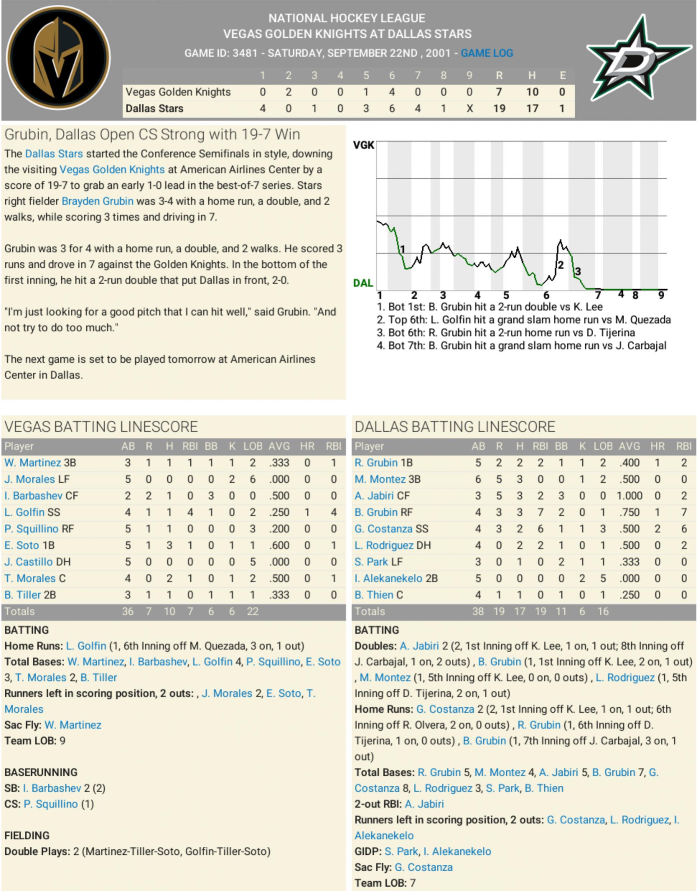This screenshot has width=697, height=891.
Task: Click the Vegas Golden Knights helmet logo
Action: click(x=59, y=58)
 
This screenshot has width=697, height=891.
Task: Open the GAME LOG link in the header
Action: click(x=487, y=53)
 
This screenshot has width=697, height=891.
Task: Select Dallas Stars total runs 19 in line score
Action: click(x=499, y=109)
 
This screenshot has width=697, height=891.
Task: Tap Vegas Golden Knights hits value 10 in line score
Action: click(x=532, y=92)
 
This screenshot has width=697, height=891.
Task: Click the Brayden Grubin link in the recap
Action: click(x=98, y=201)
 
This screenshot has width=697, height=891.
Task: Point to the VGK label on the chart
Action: click(x=363, y=145)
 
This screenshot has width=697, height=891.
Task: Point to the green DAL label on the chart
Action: click(x=363, y=283)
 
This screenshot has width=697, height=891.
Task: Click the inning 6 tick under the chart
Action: click(x=546, y=295)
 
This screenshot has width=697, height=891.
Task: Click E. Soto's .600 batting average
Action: click(x=279, y=545)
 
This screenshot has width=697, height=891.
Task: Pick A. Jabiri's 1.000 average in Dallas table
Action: click(x=629, y=496)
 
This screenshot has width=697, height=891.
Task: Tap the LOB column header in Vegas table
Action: click(x=252, y=446)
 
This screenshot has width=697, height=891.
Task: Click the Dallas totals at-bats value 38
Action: click(x=478, y=611)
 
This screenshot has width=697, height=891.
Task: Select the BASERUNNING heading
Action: click(x=41, y=772)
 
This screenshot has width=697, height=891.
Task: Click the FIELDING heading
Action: click(x=27, y=835)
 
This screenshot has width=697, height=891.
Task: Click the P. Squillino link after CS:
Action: click(x=51, y=804)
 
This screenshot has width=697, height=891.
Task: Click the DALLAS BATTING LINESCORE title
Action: click(x=455, y=427)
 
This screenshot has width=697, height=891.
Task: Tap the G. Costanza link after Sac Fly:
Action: click(x=424, y=867)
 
